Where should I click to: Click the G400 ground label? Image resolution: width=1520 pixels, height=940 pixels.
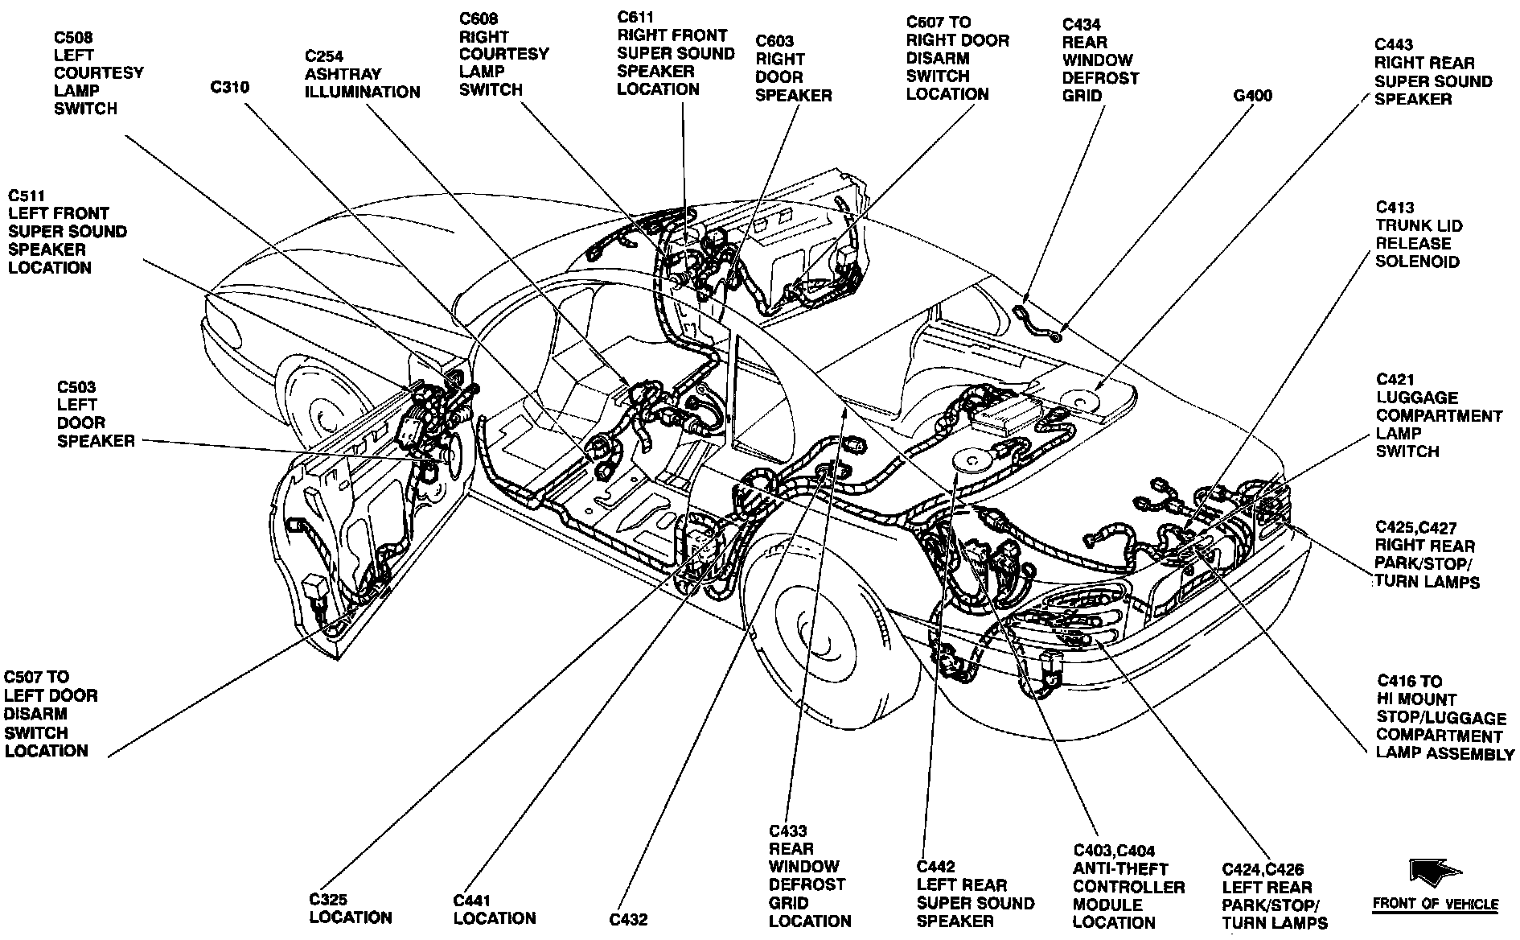(x=1252, y=96)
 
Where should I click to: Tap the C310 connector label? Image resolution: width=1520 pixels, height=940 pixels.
(x=229, y=87)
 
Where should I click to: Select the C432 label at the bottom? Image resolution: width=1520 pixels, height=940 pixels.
(x=627, y=919)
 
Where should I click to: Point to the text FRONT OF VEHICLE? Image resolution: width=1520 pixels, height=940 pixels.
(x=1435, y=904)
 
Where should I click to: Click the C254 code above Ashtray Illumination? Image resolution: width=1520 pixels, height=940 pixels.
(x=323, y=56)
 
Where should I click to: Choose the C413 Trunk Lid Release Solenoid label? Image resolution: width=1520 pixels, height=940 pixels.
(x=1419, y=234)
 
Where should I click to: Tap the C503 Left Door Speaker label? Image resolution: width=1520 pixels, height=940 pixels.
(x=95, y=414)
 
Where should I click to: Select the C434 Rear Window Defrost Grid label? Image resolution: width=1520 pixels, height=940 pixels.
(x=1100, y=60)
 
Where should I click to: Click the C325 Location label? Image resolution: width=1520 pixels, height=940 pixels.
(x=350, y=909)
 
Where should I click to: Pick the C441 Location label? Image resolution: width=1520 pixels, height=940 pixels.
(x=494, y=909)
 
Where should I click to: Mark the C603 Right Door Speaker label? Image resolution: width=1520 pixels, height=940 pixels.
(x=793, y=68)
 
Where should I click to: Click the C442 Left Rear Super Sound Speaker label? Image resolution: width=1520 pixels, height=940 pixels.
(x=975, y=894)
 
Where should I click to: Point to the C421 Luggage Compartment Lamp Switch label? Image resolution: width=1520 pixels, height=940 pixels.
(x=1438, y=415)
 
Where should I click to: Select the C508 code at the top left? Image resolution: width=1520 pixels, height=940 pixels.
(x=73, y=37)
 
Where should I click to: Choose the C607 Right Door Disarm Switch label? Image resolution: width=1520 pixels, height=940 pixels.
(x=957, y=58)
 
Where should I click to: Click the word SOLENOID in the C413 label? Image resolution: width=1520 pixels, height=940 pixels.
(x=1416, y=262)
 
